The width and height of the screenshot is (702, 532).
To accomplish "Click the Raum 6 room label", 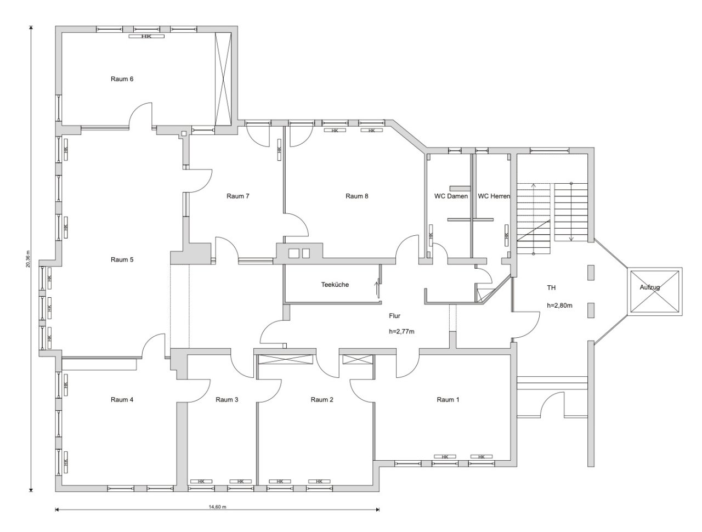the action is click(122, 79).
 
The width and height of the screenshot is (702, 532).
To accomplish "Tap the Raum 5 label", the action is click(122, 259).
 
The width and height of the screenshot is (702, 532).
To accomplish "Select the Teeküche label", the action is click(335, 285).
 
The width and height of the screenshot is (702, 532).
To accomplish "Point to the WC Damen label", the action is click(451, 196).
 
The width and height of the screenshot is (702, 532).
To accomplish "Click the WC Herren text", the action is click(494, 196).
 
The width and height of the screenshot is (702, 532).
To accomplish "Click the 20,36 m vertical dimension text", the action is click(28, 258).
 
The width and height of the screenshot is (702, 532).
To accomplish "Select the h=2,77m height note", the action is click(401, 332).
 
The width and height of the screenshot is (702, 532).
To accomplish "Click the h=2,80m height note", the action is click(559, 305).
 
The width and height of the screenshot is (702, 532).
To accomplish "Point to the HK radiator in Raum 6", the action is click(146, 36).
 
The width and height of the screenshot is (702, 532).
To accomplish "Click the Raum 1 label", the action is click(448, 400).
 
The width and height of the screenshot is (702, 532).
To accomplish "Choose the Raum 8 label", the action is click(356, 196).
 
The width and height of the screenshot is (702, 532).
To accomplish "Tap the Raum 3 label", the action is click(227, 400).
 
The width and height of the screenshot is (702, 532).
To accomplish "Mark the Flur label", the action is click(394, 316).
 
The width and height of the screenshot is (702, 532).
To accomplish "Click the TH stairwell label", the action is click(551, 288).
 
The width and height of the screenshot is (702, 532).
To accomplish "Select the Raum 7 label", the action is click(237, 196).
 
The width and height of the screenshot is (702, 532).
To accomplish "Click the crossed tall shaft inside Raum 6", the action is click(223, 79).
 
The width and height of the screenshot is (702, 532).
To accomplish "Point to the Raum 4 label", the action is click(122, 400).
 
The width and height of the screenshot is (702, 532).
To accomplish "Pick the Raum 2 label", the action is click(322, 400).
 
